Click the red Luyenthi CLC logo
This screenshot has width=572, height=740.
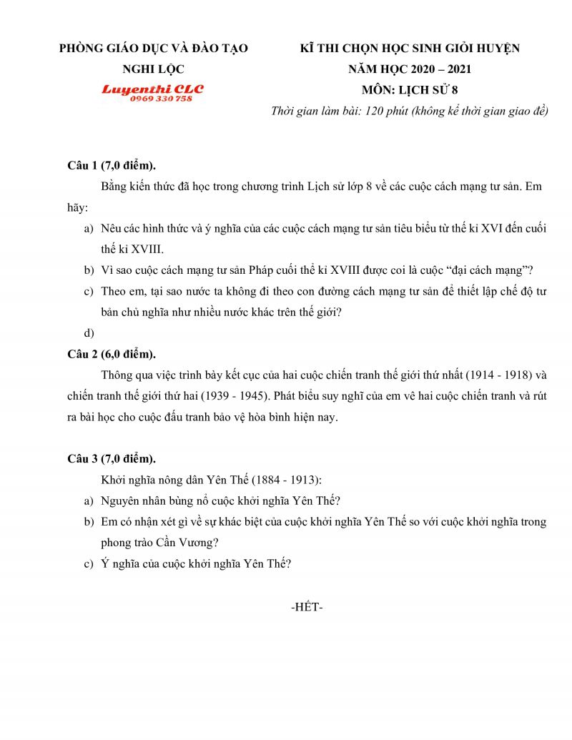click(x=152, y=89)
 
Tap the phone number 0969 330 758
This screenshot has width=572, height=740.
click(x=161, y=99)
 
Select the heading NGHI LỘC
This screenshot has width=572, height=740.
click(x=153, y=69)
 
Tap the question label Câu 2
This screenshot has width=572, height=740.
click(x=82, y=354)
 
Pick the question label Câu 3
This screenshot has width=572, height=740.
click(x=82, y=458)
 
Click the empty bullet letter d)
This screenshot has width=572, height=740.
click(x=89, y=332)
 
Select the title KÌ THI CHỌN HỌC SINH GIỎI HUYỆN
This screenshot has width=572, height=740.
click(x=410, y=49)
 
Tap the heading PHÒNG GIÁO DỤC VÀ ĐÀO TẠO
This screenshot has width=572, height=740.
click(x=153, y=49)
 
